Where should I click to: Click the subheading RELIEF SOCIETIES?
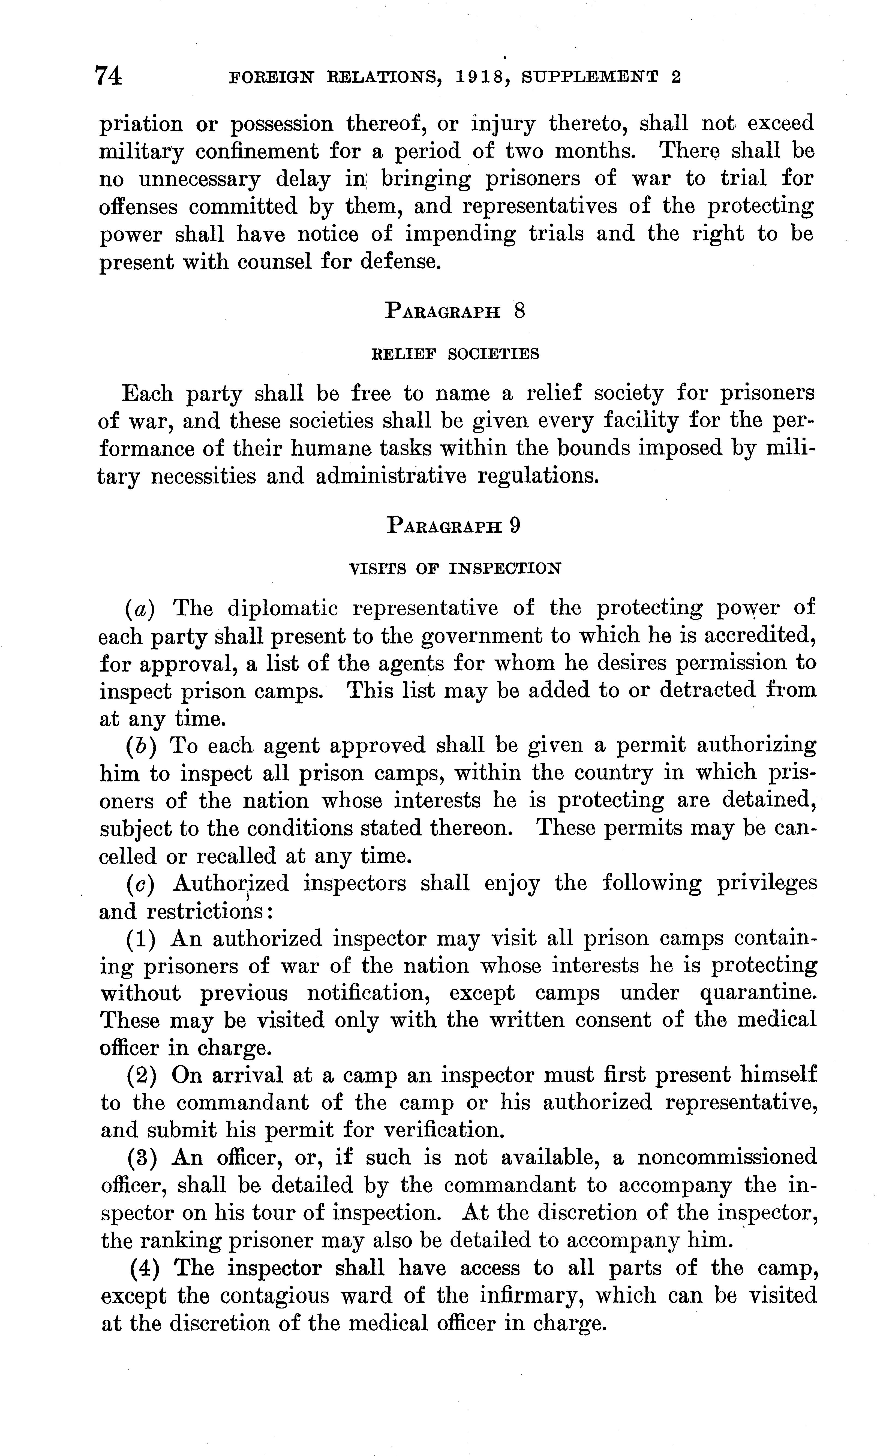[x=455, y=354]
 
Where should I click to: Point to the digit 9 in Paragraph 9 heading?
[x=515, y=525]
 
